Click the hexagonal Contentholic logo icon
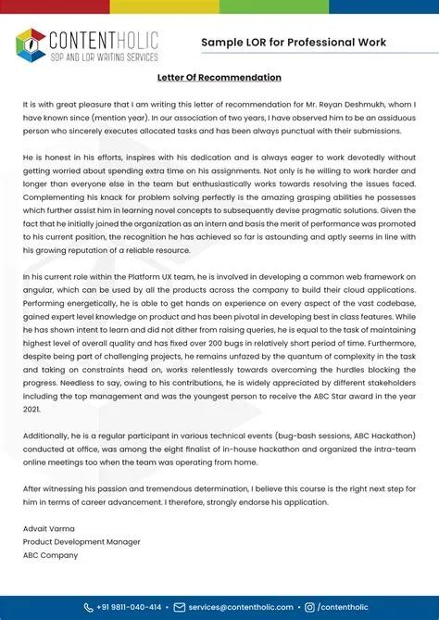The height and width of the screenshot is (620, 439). pyautogui.click(x=31, y=43)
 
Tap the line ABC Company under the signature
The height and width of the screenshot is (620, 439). pyautogui.click(x=51, y=556)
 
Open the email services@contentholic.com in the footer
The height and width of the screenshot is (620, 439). pyautogui.click(x=240, y=607)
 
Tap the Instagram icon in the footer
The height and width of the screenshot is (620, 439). pyautogui.click(x=309, y=607)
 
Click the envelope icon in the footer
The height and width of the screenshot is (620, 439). pyautogui.click(x=180, y=607)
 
